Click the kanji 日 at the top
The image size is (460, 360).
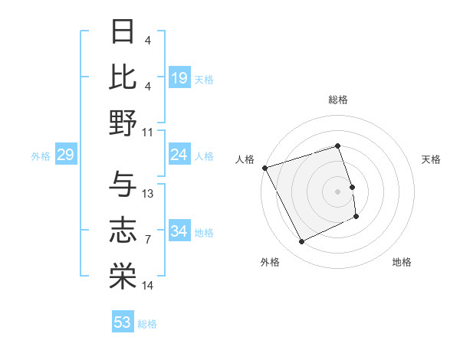coord(123,33)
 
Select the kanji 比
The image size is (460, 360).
coord(123,77)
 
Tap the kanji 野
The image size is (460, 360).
coord(123,123)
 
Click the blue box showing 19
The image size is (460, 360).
coord(179,78)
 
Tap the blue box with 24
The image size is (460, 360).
coord(179,155)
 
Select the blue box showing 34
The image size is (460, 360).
coord(179,231)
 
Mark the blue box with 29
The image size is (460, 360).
coord(65,155)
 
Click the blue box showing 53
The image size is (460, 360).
coord(123,322)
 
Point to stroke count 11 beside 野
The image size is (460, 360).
coord(148,132)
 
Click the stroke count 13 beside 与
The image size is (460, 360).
coord(148,193)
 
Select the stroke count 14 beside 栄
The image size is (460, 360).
coord(148,285)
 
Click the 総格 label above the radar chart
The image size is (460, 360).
coord(338,100)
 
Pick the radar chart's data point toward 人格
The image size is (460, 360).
coord(264,168)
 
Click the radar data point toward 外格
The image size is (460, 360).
coord(301,242)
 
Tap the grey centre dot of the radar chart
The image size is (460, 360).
coord(338,191)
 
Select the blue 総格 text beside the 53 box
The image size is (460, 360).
coord(147,324)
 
